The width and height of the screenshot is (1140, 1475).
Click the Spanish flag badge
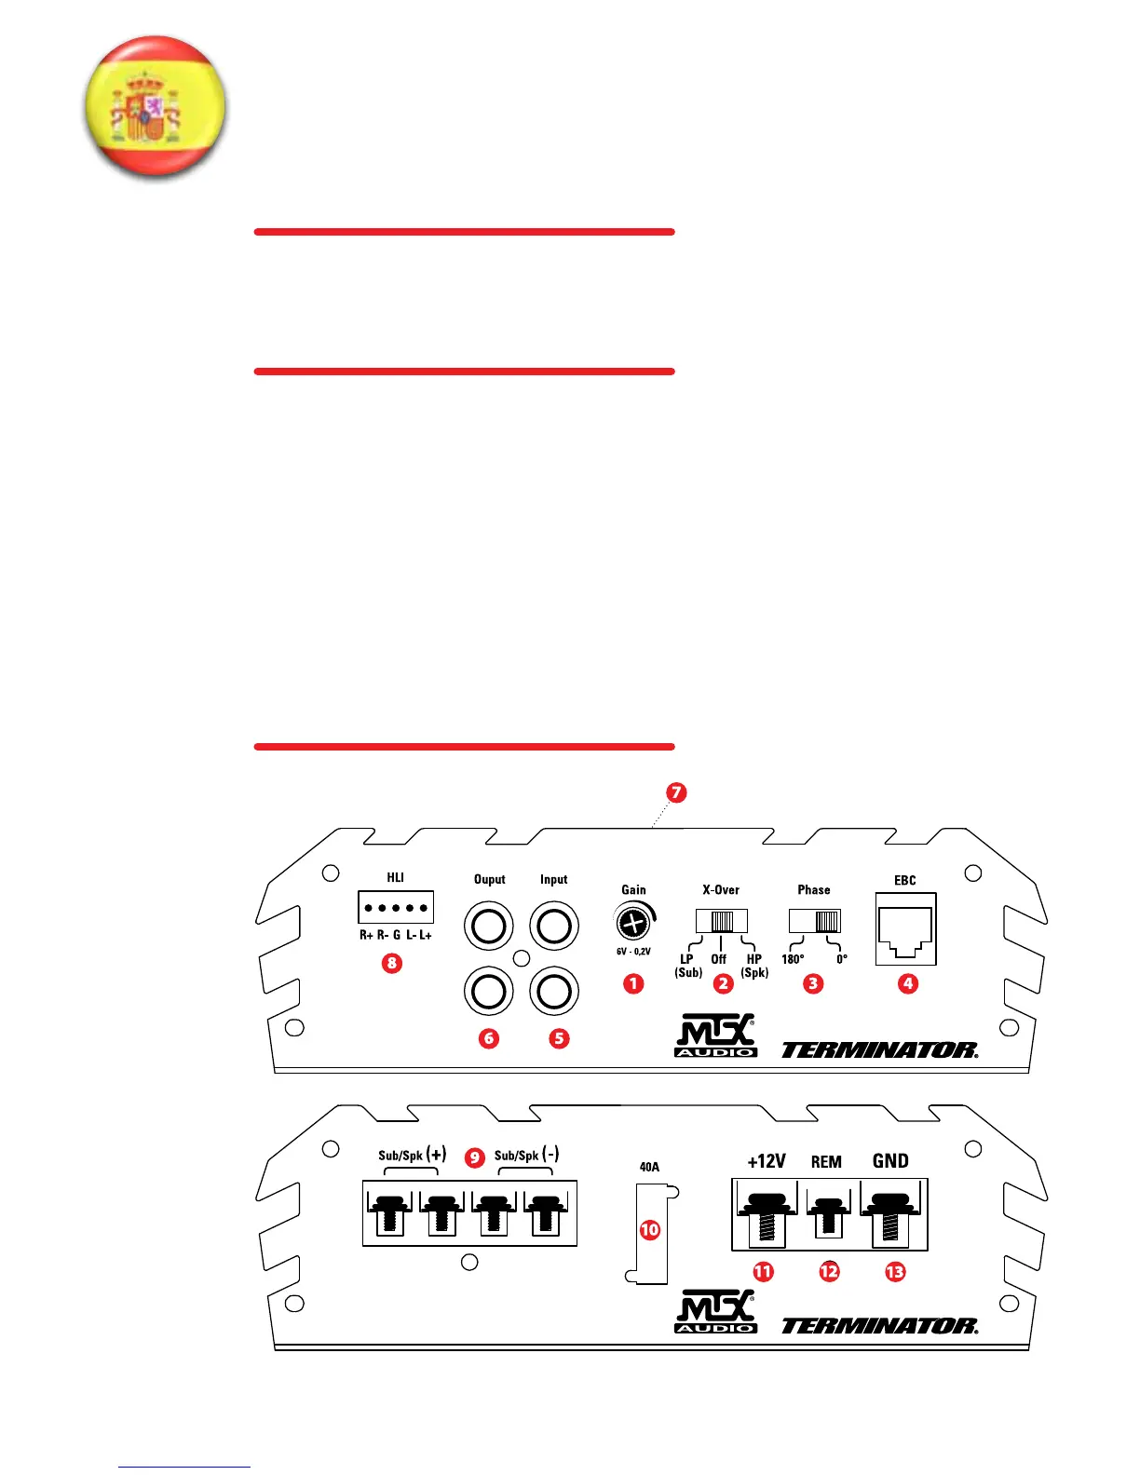[x=155, y=106]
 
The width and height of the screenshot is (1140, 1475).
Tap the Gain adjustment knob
[x=632, y=924]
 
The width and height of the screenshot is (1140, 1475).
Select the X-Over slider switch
[x=722, y=921]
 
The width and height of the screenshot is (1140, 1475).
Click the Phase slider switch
[x=815, y=921]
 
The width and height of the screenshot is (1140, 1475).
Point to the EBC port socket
[x=905, y=929]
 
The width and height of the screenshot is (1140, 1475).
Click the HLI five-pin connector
[x=396, y=907]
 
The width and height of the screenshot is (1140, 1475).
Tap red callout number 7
[x=676, y=792]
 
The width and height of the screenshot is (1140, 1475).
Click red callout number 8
[x=392, y=963]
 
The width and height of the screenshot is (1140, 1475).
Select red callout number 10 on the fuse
[x=650, y=1230]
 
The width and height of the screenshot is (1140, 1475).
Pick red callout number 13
[x=895, y=1271]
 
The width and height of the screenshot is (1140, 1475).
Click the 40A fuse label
[x=649, y=1167]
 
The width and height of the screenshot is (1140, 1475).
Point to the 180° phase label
[x=793, y=959]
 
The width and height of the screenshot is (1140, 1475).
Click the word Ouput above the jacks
[x=489, y=879]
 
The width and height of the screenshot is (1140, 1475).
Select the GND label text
[x=890, y=1161]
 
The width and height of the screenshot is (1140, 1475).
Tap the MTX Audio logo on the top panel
[x=715, y=1035]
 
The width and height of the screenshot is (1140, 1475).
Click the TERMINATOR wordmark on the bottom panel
[x=879, y=1326]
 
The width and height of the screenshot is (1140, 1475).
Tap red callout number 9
[x=475, y=1157]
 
